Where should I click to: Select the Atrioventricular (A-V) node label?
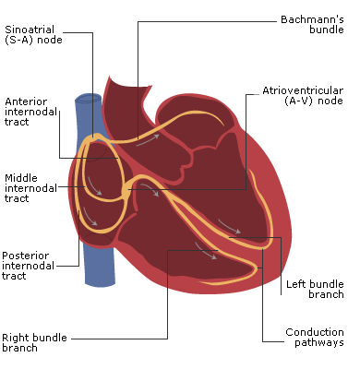[x=302, y=96]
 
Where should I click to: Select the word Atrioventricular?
[x=302, y=90]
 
